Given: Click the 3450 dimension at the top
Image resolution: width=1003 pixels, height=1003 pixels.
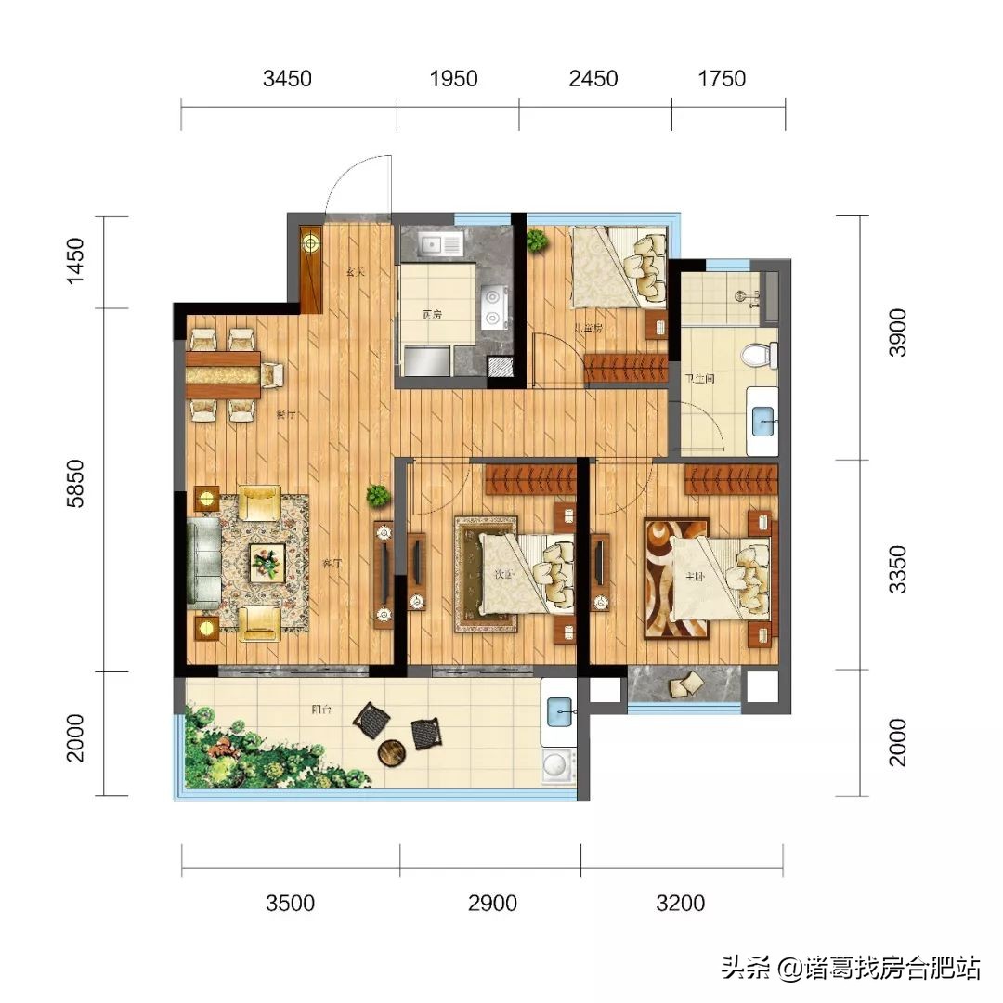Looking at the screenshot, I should click(287, 79).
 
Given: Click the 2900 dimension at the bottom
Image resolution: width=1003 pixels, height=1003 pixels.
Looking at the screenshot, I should click(492, 903).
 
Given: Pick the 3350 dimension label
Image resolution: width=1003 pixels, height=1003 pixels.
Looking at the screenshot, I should click(897, 569).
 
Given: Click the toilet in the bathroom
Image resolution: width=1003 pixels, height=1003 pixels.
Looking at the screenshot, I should click(761, 356).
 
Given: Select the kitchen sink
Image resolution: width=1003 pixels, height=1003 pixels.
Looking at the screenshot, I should click(440, 245).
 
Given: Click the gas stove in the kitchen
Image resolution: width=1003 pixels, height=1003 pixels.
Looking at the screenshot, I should click(492, 307).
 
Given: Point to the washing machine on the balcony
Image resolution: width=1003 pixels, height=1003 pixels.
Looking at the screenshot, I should click(558, 766).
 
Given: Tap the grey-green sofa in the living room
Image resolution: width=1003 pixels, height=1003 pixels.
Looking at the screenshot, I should click(203, 564).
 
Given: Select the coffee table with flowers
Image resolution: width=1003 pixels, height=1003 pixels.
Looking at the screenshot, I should click(267, 562).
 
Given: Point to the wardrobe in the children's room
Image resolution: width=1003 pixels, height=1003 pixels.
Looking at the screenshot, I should click(626, 369).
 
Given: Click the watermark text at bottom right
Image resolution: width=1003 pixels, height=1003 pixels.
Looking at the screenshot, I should click(850, 969).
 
